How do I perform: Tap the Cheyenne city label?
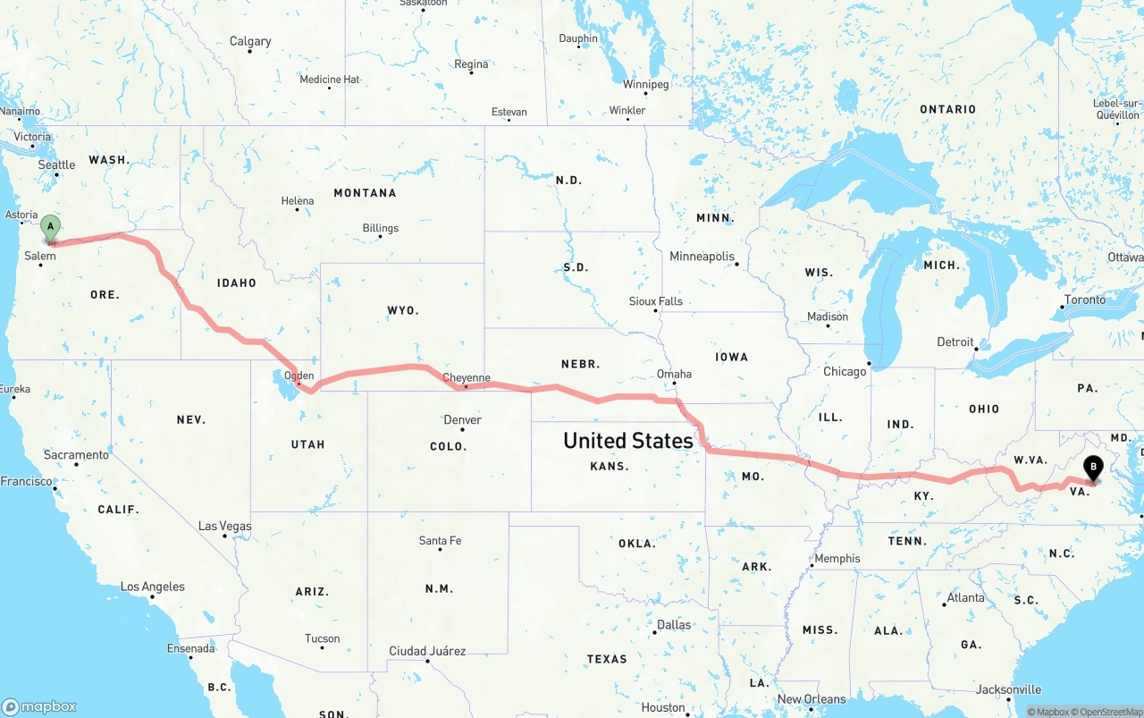[x=467, y=377]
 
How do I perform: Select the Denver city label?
[x=462, y=419]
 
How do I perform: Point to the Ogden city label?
[x=299, y=376]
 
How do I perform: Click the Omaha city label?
[x=674, y=374]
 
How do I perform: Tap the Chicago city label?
[x=845, y=371]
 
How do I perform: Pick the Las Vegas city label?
[x=224, y=526]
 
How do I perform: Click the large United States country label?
[x=627, y=440]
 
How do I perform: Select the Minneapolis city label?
[x=702, y=257]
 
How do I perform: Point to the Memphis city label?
[x=837, y=558]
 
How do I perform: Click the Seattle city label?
[x=56, y=165]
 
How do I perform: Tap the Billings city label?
[x=381, y=228]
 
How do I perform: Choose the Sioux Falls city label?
[x=655, y=301]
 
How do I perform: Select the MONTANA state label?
[x=365, y=192]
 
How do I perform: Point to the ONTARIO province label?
[x=947, y=109]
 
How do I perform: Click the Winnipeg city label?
[x=645, y=84]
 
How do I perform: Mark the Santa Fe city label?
[x=440, y=540]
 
